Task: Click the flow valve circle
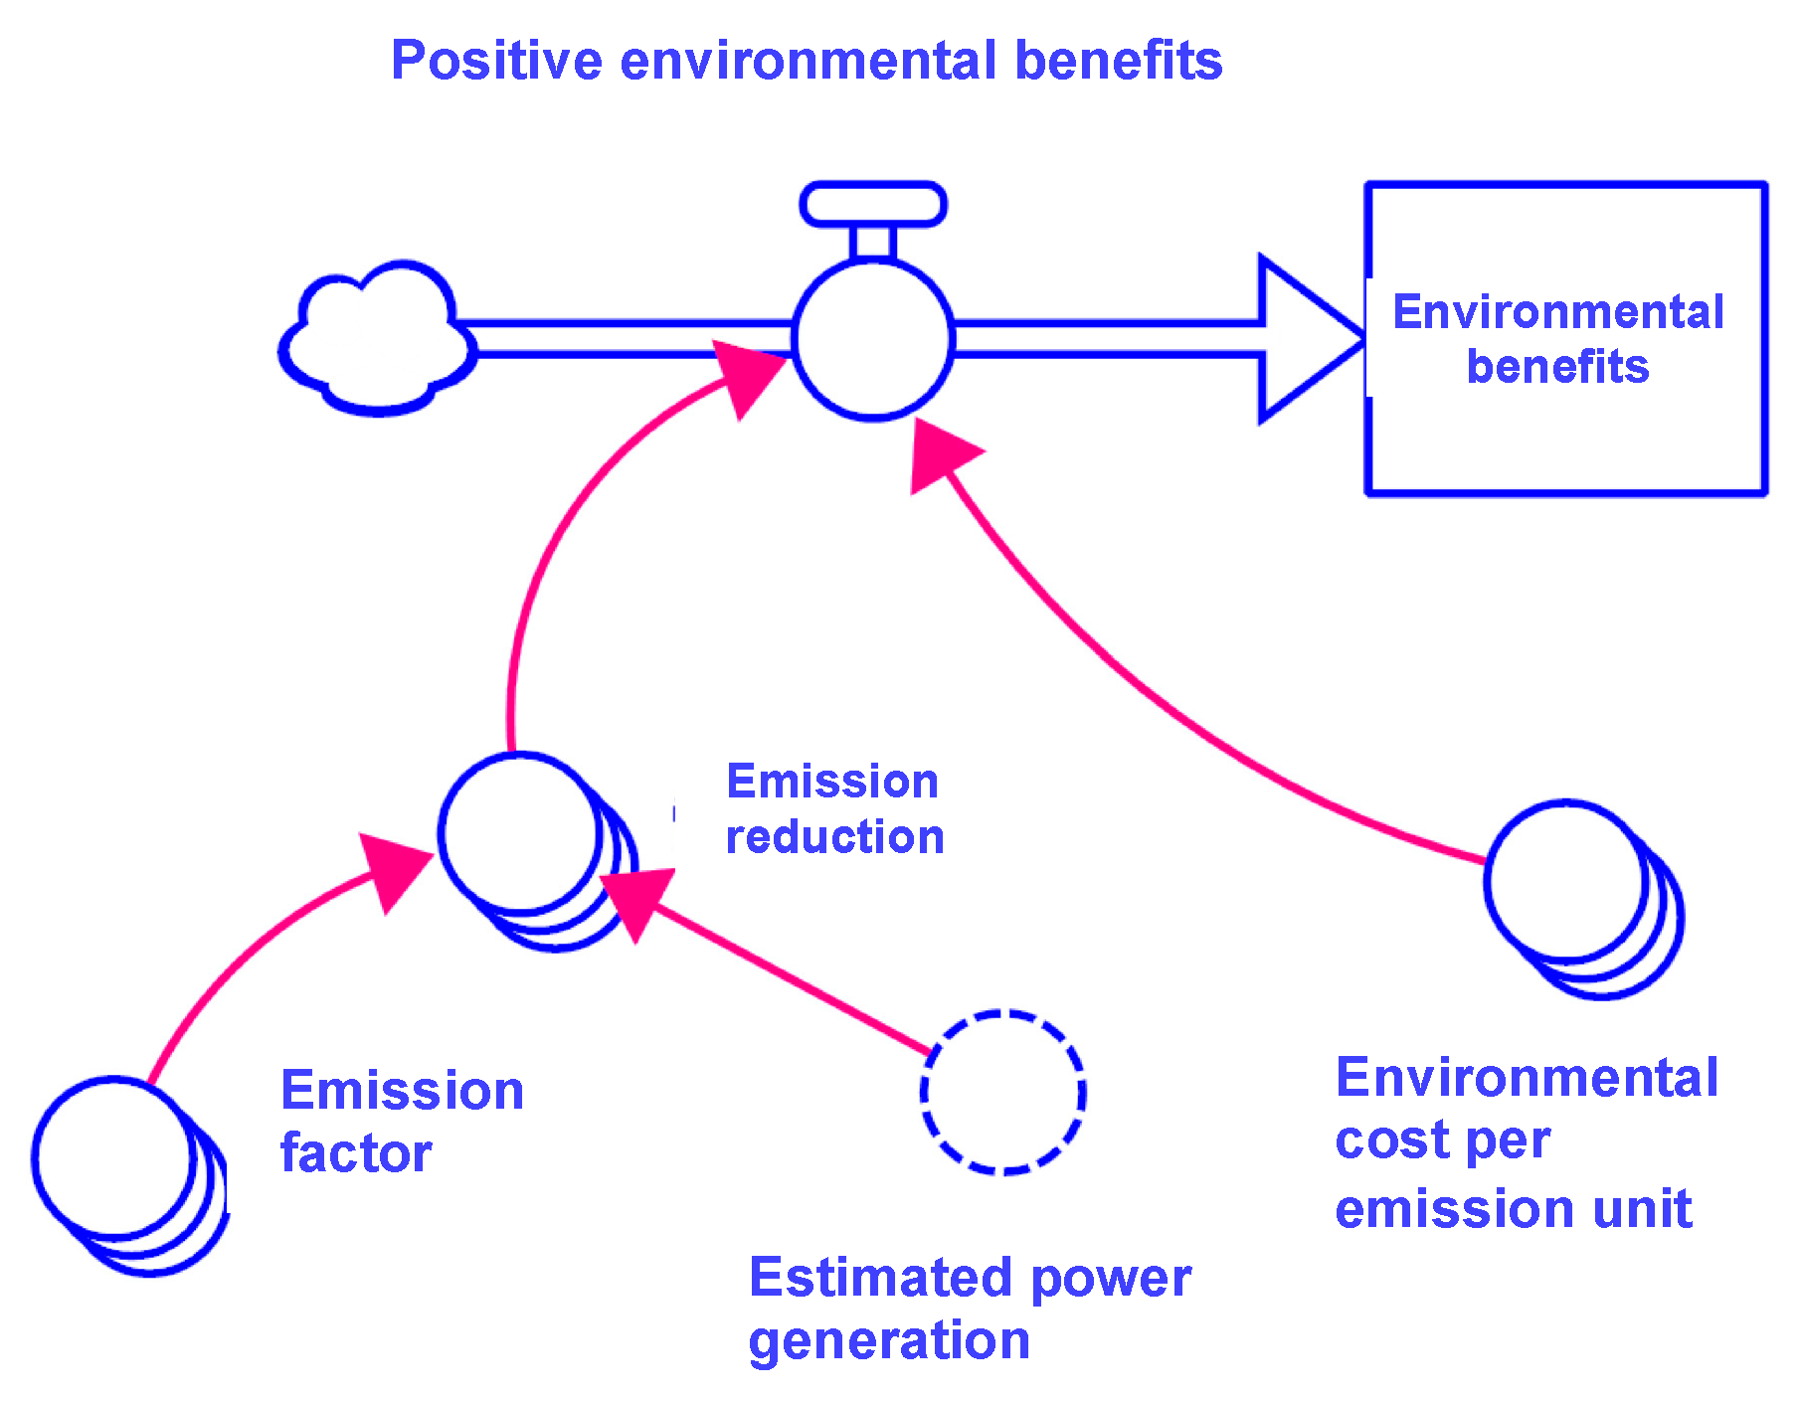coord(873,339)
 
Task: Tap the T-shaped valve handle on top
coord(873,205)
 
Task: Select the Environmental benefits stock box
coord(1565,338)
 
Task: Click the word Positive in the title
coord(496,61)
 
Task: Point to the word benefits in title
coord(1118,61)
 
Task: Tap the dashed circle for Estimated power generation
coord(1002,1093)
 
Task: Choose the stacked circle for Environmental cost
coord(1566,882)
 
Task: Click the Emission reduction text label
coord(833,808)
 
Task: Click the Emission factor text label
coord(402,1121)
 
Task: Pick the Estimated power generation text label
coord(969,1308)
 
